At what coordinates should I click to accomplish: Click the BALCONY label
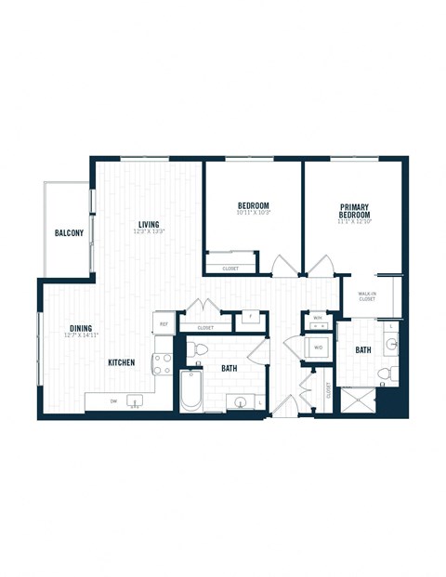68,232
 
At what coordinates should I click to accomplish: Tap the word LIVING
149,224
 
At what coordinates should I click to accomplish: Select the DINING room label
80,327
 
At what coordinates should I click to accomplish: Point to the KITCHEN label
125,361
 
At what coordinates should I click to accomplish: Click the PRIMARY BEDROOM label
354,210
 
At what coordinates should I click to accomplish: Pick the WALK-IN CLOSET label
367,296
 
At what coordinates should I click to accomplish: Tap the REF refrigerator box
164,324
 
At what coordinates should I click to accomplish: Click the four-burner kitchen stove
163,362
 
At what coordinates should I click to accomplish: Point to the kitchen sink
137,400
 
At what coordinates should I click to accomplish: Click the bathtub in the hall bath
190,391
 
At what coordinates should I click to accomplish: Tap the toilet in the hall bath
195,350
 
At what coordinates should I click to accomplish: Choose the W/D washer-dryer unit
318,348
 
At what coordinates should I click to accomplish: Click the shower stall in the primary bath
357,400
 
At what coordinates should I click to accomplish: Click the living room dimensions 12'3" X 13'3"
149,231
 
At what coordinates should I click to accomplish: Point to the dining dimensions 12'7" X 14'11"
80,334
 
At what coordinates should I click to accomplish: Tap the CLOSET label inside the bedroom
229,269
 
